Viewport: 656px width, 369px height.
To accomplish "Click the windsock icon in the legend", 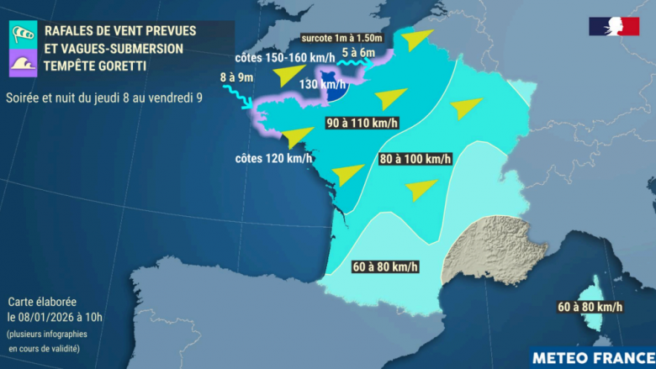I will click(x=21, y=34).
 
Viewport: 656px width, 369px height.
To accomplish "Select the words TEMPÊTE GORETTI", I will click(x=95, y=65).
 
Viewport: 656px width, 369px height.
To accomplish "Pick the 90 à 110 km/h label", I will click(x=362, y=123).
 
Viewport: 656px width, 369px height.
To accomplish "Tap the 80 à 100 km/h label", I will click(x=415, y=158).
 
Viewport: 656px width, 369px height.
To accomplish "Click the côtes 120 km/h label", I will click(x=274, y=158).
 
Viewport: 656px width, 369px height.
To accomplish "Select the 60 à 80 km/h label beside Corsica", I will click(x=590, y=307).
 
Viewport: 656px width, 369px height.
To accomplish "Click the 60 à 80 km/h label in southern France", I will click(x=384, y=267).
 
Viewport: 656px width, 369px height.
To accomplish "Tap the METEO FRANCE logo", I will click(x=592, y=356).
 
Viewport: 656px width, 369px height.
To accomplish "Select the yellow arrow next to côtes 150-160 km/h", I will click(x=291, y=75).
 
